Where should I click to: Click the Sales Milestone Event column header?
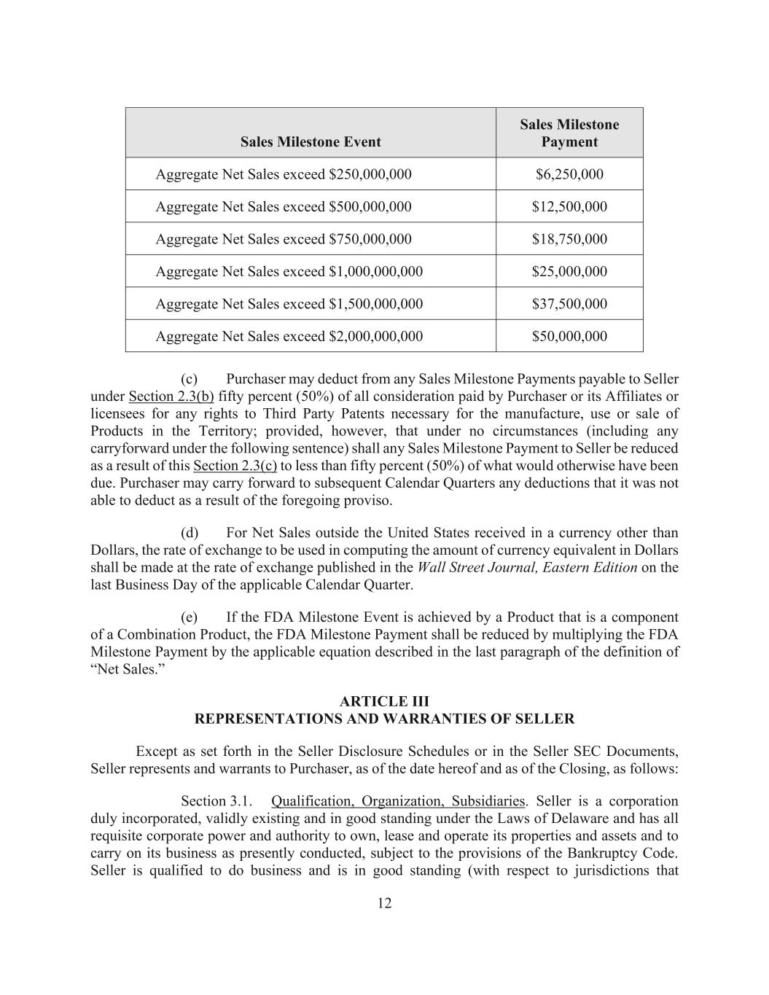311,142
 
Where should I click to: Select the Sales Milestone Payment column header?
569,133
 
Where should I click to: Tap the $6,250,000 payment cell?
569,174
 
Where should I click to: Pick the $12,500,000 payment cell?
569,207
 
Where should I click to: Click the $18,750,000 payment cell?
569,239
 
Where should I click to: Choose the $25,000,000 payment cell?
569,272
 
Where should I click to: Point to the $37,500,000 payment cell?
569,304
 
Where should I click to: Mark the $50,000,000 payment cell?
569,336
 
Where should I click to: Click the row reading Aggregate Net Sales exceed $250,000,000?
284,174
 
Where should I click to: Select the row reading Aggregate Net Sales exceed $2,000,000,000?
289,336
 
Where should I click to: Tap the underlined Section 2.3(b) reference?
171,397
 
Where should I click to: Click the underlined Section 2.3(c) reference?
235,466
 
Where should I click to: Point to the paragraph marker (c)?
190,379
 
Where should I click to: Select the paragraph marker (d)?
190,533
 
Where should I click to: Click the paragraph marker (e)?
190,617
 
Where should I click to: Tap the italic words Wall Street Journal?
477,567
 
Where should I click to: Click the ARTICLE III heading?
384,701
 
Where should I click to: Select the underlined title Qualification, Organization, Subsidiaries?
397,801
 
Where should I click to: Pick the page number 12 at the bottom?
384,904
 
